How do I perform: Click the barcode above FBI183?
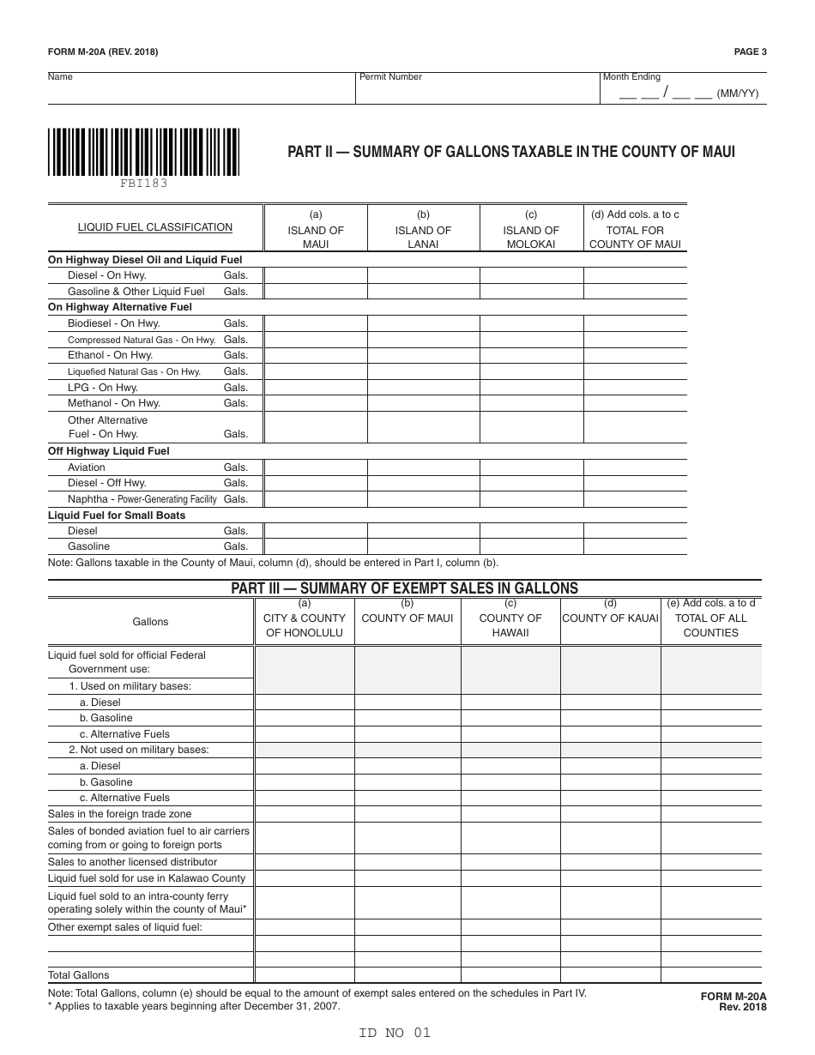[143, 151]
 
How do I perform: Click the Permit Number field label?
[391, 77]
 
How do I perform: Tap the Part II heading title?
[510, 153]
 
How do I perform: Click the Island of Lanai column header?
[423, 230]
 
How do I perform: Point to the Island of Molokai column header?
[531, 230]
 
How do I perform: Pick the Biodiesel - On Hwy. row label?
[114, 323]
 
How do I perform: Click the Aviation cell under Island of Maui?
[315, 467]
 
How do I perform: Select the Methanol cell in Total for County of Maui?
[635, 403]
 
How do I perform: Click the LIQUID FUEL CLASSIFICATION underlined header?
[155, 227]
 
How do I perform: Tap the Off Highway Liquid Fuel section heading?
[109, 451]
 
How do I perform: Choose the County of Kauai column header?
[610, 618]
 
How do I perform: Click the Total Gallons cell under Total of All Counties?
[710, 975]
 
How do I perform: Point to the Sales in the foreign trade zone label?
[120, 814]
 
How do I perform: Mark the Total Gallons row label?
[79, 975]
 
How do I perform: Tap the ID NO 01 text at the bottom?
[395, 1033]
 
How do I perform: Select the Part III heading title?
[405, 588]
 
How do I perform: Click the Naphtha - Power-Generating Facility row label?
[146, 499]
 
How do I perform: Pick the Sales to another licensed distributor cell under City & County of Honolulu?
[304, 862]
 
